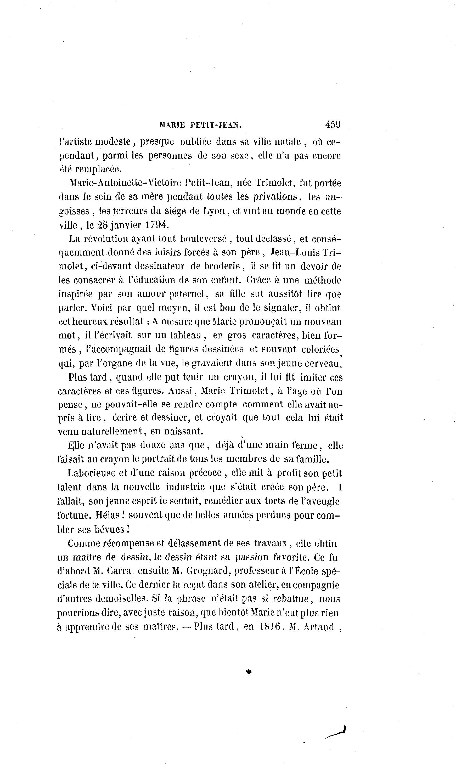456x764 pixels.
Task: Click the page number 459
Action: tap(332, 124)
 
